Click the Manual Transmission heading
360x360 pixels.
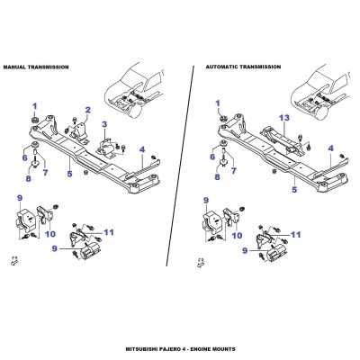(x=36, y=67)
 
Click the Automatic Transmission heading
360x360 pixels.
(x=243, y=67)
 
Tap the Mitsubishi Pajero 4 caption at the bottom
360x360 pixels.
(x=180, y=349)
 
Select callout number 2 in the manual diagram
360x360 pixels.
(x=87, y=110)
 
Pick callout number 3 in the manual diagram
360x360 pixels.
(x=104, y=124)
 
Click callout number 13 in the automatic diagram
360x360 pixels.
(x=284, y=118)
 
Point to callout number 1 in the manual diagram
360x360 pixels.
(x=35, y=106)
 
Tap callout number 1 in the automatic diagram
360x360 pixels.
(x=218, y=103)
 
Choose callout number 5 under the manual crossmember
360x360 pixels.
(x=69, y=174)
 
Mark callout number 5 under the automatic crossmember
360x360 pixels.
(x=294, y=190)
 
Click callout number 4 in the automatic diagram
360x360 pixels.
(x=331, y=148)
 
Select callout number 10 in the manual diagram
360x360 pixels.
(x=50, y=234)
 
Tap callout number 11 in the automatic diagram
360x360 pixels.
(x=296, y=234)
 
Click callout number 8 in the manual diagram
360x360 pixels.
(x=28, y=179)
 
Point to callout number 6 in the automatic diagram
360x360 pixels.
(x=212, y=157)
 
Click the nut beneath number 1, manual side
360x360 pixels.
(x=34, y=121)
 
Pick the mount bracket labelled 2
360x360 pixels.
(x=78, y=132)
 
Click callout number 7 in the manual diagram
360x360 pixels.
(x=45, y=173)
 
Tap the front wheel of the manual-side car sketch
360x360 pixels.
(x=136, y=112)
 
